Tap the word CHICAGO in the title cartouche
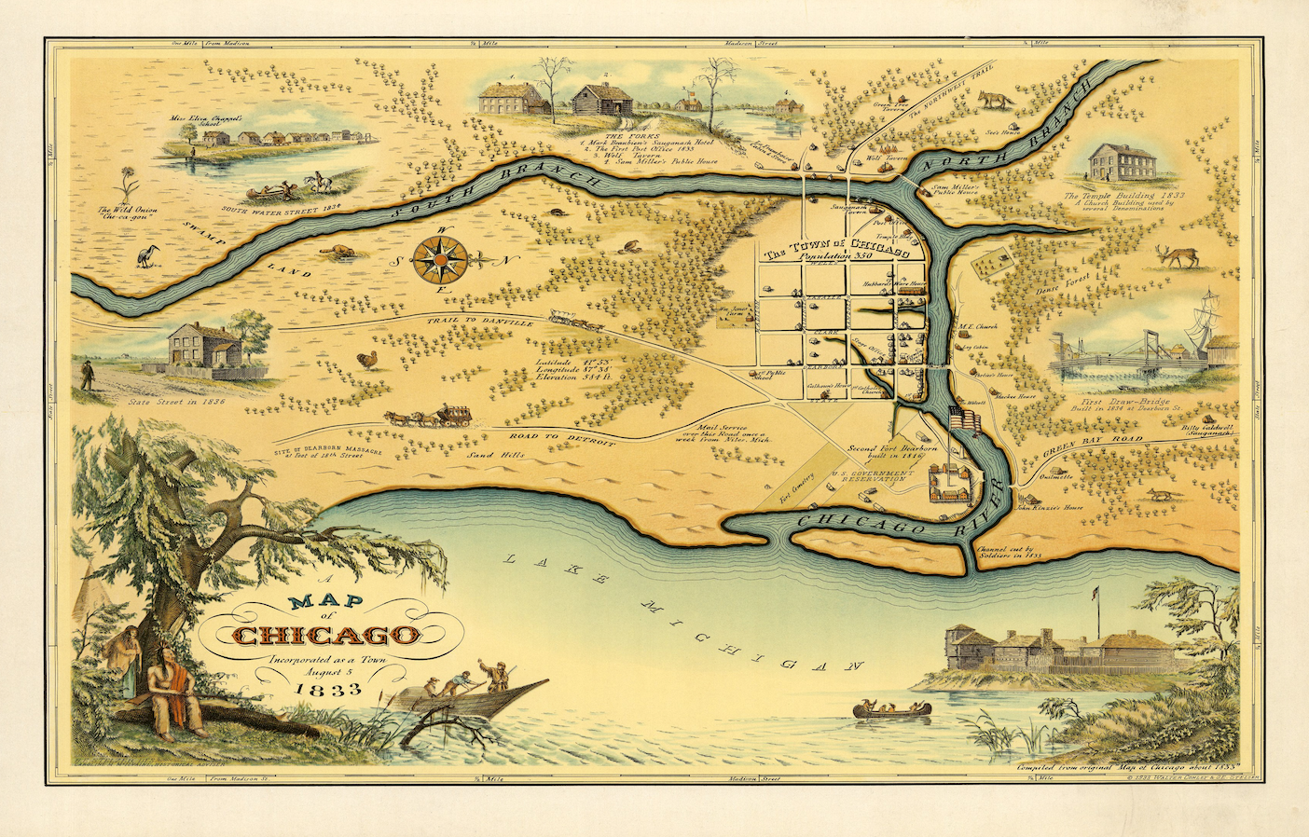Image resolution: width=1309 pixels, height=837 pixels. pyautogui.click(x=324, y=636)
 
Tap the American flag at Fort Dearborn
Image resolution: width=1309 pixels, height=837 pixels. pyautogui.click(x=960, y=417)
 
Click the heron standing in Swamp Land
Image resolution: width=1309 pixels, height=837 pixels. pyautogui.click(x=147, y=255)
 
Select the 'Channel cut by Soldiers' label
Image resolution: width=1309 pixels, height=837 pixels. pyautogui.click(x=1008, y=556)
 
